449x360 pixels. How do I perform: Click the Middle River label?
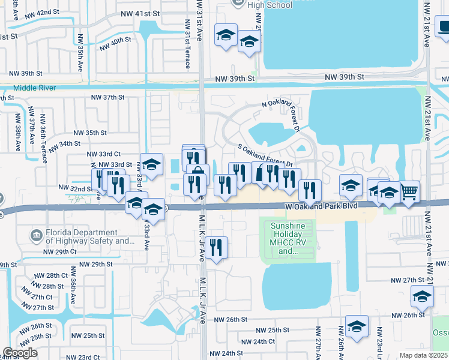[x=28, y=88]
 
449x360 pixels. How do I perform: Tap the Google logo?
[x=20, y=353]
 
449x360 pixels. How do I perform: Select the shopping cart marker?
[x=409, y=191]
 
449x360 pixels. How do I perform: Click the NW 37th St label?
[x=107, y=97]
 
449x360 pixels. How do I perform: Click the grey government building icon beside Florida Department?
[x=37, y=233]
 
